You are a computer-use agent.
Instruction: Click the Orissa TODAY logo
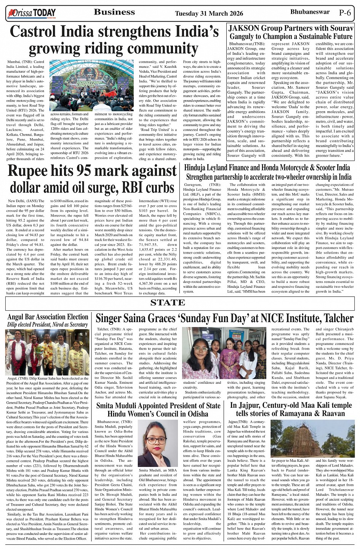(x=32, y=14)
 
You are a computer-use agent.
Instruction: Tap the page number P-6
(x=345, y=13)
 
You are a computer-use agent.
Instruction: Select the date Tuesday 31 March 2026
(x=209, y=14)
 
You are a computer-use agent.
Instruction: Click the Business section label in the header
(x=114, y=12)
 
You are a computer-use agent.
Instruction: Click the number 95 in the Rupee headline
(x=86, y=171)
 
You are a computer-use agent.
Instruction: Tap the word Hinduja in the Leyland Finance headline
(x=196, y=168)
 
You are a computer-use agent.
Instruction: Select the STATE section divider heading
(x=168, y=303)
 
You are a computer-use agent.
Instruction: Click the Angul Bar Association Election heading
(x=48, y=317)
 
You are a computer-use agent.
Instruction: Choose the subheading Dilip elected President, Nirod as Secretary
(x=48, y=325)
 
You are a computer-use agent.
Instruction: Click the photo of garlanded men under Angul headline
(x=48, y=352)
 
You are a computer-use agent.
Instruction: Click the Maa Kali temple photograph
(x=312, y=438)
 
